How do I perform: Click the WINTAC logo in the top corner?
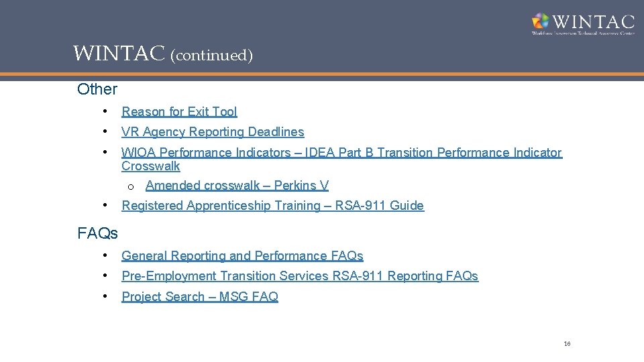tap(582, 23)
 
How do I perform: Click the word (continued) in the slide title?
tap(211, 55)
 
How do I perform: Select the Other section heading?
tap(97, 88)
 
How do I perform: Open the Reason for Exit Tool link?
tap(179, 112)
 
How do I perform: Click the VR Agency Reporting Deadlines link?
tap(213, 132)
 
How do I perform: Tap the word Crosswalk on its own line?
tap(151, 166)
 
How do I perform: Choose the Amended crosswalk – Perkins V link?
tap(237, 186)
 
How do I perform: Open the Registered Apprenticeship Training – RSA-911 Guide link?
tap(272, 206)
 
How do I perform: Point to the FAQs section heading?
tap(97, 233)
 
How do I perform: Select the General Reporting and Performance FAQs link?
tap(242, 256)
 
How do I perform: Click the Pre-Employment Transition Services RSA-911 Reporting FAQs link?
tap(300, 276)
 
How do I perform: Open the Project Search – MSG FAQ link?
tap(200, 297)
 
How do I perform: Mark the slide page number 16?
tap(567, 344)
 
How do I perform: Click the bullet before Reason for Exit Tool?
tap(106, 111)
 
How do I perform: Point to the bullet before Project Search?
tap(106, 296)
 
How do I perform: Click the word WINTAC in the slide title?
tap(119, 54)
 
